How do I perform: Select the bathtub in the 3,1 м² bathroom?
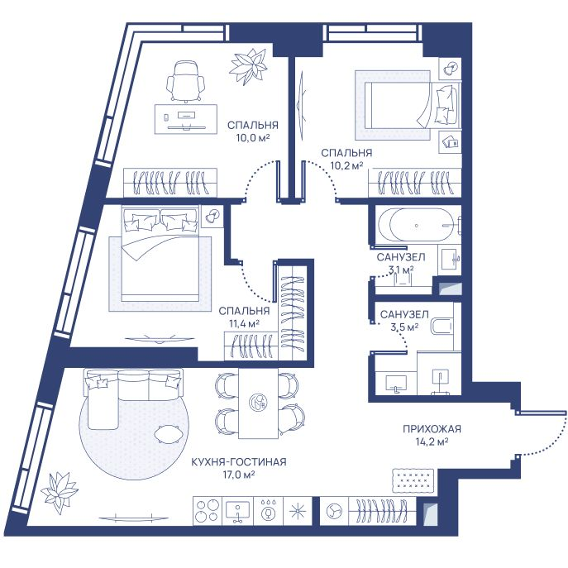(416, 225)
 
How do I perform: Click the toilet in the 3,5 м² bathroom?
(442, 327)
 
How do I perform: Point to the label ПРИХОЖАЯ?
(432, 429)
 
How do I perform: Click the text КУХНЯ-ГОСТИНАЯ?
(239, 462)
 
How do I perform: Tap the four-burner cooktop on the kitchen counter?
(207, 511)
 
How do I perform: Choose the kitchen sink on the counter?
(237, 511)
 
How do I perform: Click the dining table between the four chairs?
(258, 403)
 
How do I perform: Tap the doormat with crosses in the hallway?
(413, 480)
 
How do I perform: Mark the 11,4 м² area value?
(244, 323)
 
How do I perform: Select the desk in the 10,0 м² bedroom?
(186, 119)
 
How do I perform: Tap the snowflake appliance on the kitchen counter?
(297, 511)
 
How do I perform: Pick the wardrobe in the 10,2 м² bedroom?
(415, 183)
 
